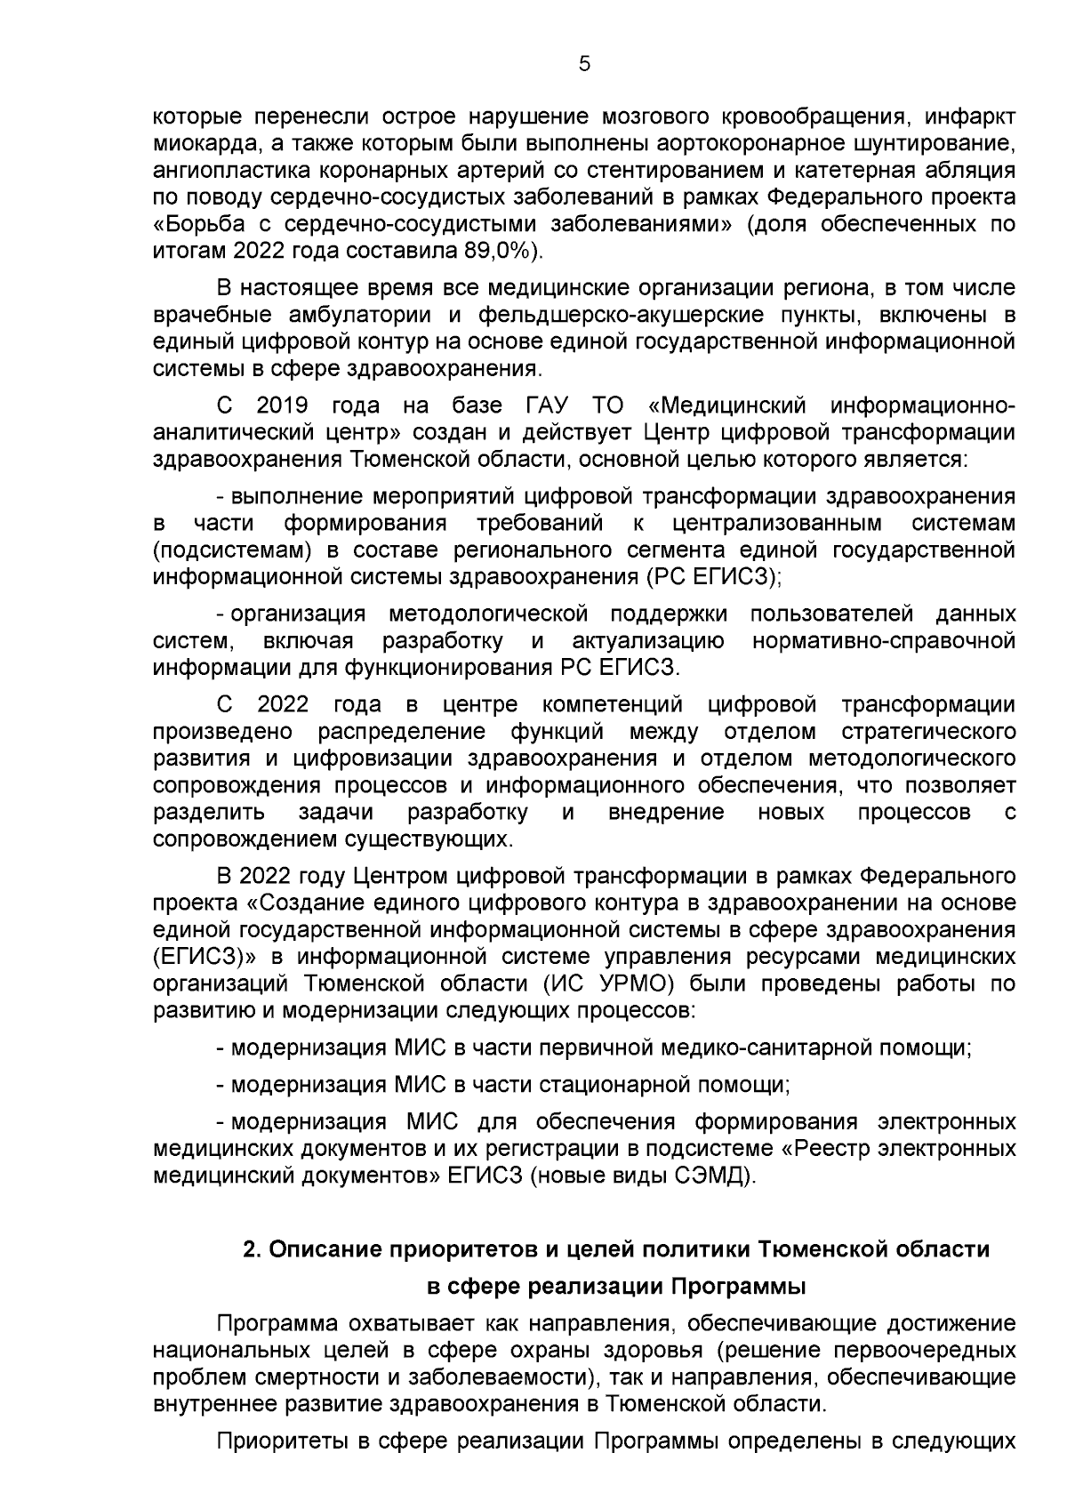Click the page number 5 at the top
pos(583,63)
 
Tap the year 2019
pos(282,406)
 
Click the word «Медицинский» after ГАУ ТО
pos(728,406)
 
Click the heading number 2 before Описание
pos(252,1249)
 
